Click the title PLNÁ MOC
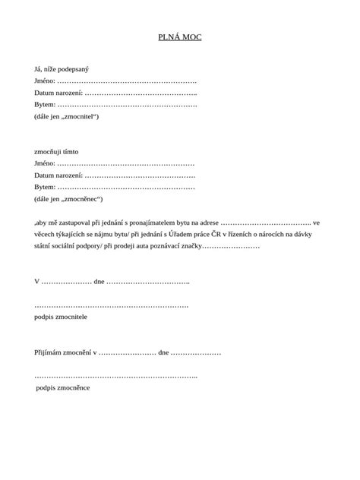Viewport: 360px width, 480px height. [x=179, y=36]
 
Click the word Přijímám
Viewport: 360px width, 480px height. [x=50, y=353]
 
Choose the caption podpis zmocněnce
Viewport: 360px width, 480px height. [x=64, y=388]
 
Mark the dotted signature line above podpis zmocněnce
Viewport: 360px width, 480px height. [x=115, y=377]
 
